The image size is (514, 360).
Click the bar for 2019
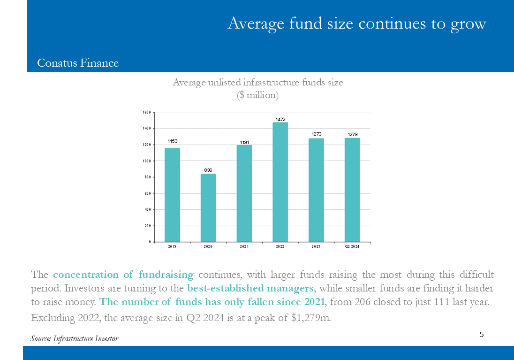172,195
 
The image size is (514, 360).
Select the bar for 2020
208,208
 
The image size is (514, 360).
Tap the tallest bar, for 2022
280,182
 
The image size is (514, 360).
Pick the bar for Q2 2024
352,190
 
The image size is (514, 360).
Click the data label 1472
280,120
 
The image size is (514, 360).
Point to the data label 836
208,170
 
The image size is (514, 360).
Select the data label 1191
244,142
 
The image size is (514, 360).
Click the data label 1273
317,134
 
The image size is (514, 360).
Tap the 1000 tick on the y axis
147,161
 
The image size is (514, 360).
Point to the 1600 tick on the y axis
147,113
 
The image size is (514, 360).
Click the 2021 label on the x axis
244,246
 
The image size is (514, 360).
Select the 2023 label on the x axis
316,246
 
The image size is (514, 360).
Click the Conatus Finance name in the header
78,63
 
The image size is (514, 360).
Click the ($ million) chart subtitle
257,95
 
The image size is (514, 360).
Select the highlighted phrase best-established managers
250,288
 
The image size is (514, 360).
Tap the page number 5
482,334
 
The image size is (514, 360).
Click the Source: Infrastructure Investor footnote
75,338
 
